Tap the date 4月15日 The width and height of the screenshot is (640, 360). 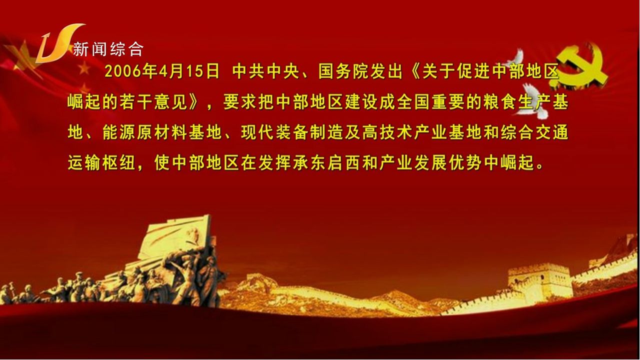click(x=189, y=71)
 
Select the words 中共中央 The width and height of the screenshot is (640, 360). click(x=265, y=71)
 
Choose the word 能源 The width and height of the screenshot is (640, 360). click(x=119, y=132)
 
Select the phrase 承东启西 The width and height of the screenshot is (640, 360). click(x=327, y=163)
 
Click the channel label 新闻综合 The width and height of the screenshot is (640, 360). click(x=108, y=49)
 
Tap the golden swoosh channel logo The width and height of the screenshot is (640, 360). click(x=58, y=43)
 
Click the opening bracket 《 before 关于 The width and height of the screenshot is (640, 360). click(x=412, y=71)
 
